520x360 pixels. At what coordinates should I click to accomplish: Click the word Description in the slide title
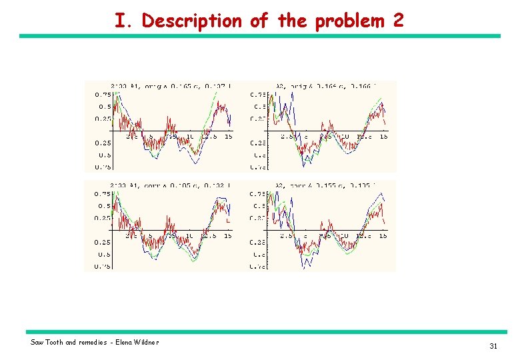pyautogui.click(x=192, y=21)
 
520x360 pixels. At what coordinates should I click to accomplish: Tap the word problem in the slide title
pyautogui.click(x=349, y=21)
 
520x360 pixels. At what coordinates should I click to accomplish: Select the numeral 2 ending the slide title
pyautogui.click(x=398, y=21)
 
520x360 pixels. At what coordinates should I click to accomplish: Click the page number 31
pyautogui.click(x=493, y=346)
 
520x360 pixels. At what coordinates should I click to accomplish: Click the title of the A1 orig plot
pyautogui.click(x=171, y=86)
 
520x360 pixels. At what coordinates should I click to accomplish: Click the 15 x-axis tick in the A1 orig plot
pyautogui.click(x=228, y=137)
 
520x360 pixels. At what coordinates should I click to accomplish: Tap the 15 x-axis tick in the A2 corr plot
pyautogui.click(x=384, y=235)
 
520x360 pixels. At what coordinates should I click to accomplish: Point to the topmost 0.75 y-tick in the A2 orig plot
pyautogui.click(x=258, y=95)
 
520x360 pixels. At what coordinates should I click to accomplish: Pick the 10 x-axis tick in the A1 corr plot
pyautogui.click(x=190, y=235)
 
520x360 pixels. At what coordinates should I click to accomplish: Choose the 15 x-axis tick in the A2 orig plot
pyautogui.click(x=384, y=137)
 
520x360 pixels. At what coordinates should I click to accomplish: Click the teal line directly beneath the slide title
pyautogui.click(x=259, y=36)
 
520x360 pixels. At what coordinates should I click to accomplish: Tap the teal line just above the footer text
pyautogui.click(x=266, y=332)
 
